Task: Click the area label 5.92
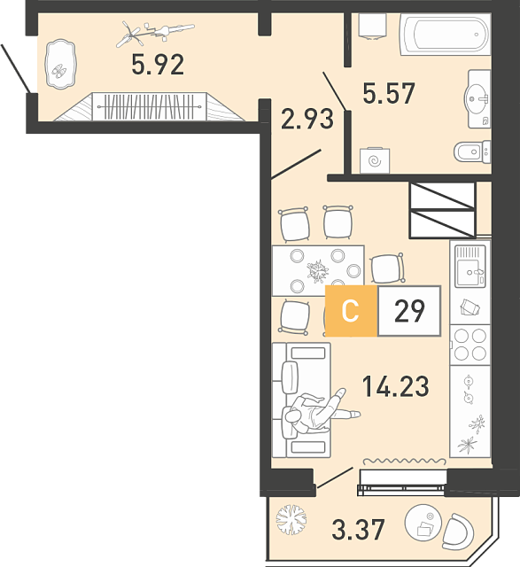(158, 65)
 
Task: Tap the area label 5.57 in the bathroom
(389, 93)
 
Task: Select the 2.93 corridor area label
(307, 119)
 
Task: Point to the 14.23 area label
(396, 386)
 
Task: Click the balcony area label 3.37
(358, 529)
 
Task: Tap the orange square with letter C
(351, 311)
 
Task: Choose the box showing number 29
(409, 311)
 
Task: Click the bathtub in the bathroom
(445, 35)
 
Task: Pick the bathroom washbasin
(478, 98)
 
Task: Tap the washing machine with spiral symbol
(375, 160)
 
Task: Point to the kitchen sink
(470, 266)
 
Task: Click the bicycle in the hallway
(155, 34)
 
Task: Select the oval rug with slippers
(60, 64)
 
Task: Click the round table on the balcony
(423, 522)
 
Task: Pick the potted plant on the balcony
(291, 519)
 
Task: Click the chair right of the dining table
(387, 268)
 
